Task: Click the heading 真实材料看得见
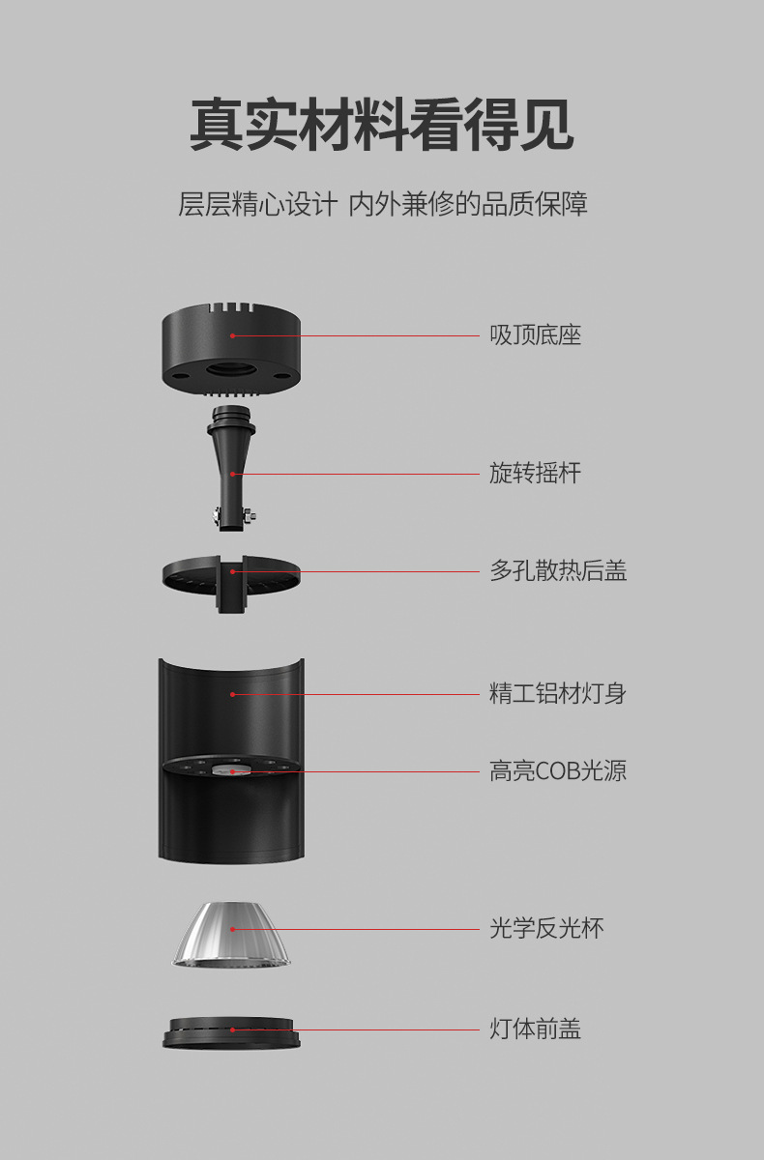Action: [381, 125]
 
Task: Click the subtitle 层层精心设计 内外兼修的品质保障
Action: [382, 204]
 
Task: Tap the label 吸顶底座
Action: [535, 335]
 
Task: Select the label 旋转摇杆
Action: [535, 473]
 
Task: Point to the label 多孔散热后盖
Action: [558, 570]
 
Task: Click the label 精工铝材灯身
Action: [558, 693]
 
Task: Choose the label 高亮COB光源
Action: [558, 770]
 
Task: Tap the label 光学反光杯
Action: [546, 929]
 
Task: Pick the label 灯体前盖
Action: [535, 1029]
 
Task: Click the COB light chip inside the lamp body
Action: [232, 770]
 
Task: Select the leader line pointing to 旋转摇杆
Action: [358, 474]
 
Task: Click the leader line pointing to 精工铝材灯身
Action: [387, 694]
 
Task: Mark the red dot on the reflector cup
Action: [232, 929]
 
